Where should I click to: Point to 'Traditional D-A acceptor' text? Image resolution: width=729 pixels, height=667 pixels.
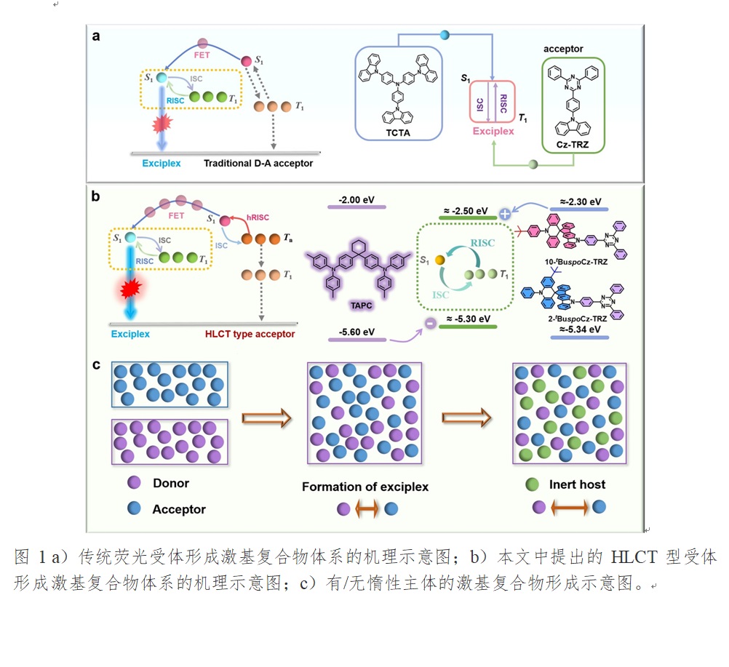(258, 164)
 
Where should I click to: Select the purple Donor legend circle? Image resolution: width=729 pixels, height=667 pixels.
(134, 482)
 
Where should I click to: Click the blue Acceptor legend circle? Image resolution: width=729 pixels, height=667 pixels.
(134, 509)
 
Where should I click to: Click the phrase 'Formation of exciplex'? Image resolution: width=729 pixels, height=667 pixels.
(365, 487)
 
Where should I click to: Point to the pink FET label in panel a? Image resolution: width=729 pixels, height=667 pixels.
(203, 53)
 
